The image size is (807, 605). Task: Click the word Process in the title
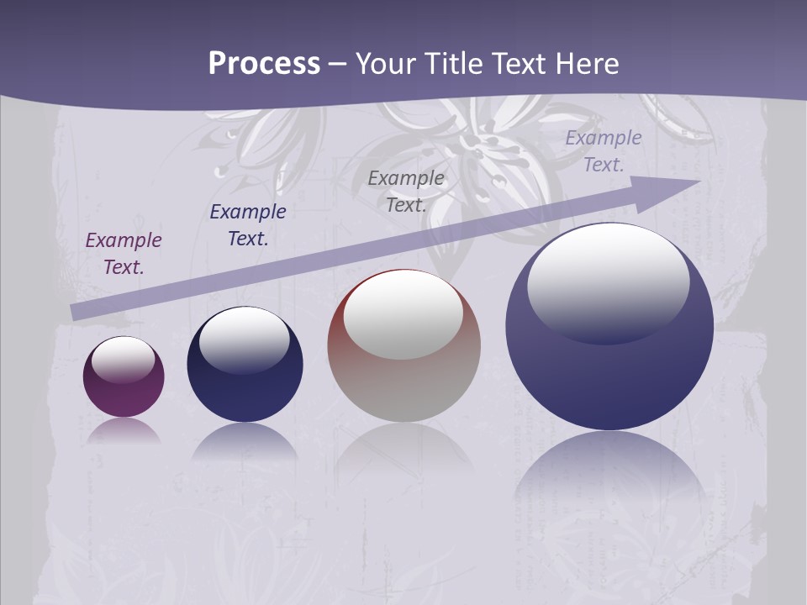coord(264,64)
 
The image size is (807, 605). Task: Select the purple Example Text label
coord(124,253)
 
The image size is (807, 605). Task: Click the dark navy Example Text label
coord(248,224)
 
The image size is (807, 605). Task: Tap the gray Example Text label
coord(406,191)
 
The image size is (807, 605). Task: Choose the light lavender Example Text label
coord(603,151)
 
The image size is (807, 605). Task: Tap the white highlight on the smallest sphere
coord(123,358)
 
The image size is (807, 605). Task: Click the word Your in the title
coord(385,64)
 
